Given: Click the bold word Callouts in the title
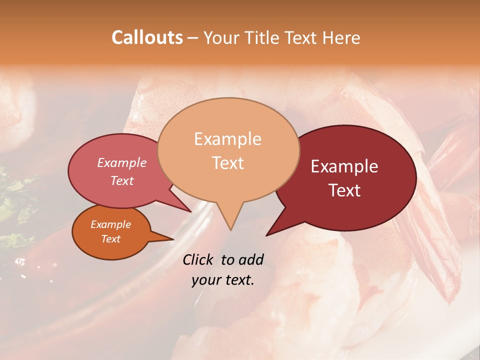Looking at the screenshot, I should click(x=147, y=37).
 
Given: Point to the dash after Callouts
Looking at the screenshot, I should click(x=193, y=38).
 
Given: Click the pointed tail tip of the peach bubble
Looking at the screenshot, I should click(x=230, y=230).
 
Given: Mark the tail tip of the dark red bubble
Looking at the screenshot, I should click(x=266, y=235).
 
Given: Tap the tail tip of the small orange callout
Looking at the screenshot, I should click(x=173, y=239).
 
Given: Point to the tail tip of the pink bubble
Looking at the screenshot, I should click(x=191, y=212).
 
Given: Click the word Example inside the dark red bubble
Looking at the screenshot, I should click(x=344, y=166).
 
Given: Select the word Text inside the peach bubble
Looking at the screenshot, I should click(x=228, y=163).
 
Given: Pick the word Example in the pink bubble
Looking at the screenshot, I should click(x=121, y=162).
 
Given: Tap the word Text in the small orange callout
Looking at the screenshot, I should click(x=110, y=239).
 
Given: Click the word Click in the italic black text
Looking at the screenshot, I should click(x=199, y=259).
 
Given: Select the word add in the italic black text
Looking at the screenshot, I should click(x=251, y=259).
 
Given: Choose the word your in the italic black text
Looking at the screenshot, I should click(x=206, y=280).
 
